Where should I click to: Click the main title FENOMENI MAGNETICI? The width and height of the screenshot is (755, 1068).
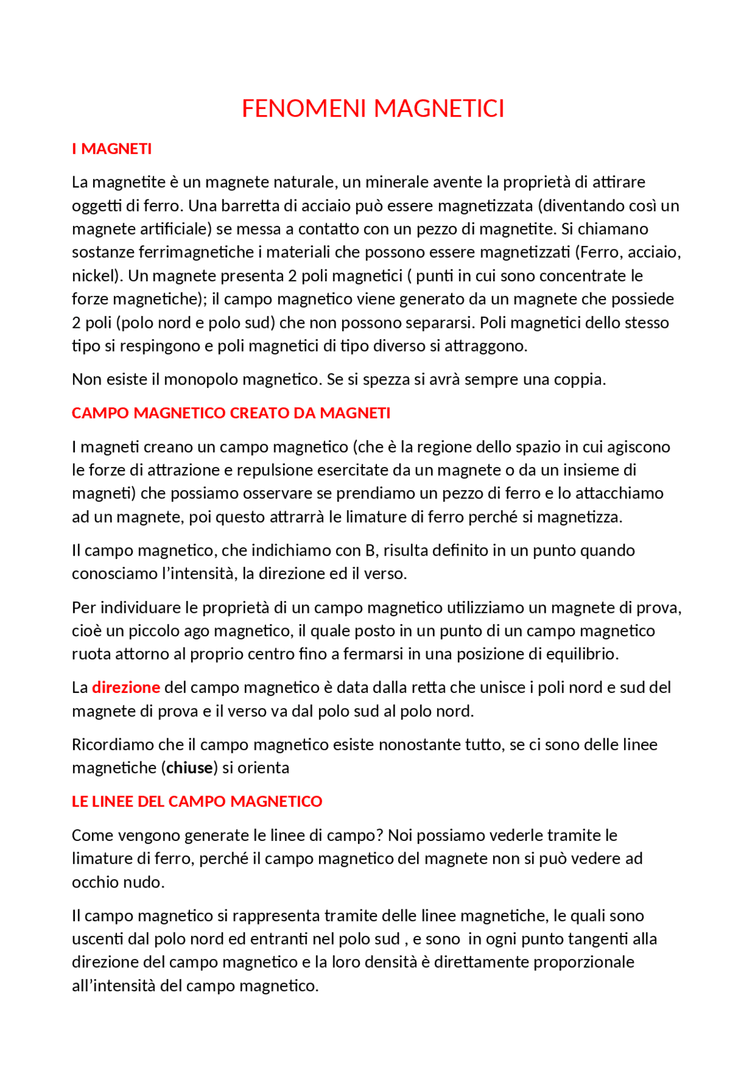tap(373, 109)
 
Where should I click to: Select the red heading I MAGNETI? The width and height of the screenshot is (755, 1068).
tap(111, 149)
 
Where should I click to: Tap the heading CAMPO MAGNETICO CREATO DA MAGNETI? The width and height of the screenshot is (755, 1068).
tap(231, 413)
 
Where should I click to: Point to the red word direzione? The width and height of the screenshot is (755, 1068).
tap(126, 688)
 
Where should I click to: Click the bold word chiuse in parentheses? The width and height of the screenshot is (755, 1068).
tap(189, 768)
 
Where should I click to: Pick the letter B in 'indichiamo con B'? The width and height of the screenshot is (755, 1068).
tap(370, 551)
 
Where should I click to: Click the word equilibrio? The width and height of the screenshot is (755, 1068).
tap(581, 655)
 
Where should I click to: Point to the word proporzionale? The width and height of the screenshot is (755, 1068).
tap(583, 962)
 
